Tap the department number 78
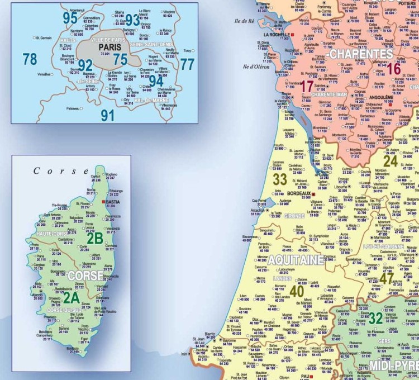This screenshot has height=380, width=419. click(30, 58)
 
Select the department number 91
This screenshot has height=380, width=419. click(107, 115)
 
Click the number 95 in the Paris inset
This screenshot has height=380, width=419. click(70, 18)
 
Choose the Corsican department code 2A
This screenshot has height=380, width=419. click(71, 297)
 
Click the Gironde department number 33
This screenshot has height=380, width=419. click(280, 180)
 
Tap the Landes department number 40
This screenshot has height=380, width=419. click(297, 291)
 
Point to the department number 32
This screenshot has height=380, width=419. click(376, 318)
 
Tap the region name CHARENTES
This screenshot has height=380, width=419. click(361, 54)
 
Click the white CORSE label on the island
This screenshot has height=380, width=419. click(85, 275)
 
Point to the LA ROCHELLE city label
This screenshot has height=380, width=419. click(276, 35)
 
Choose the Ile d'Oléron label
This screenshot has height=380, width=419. click(256, 66)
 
